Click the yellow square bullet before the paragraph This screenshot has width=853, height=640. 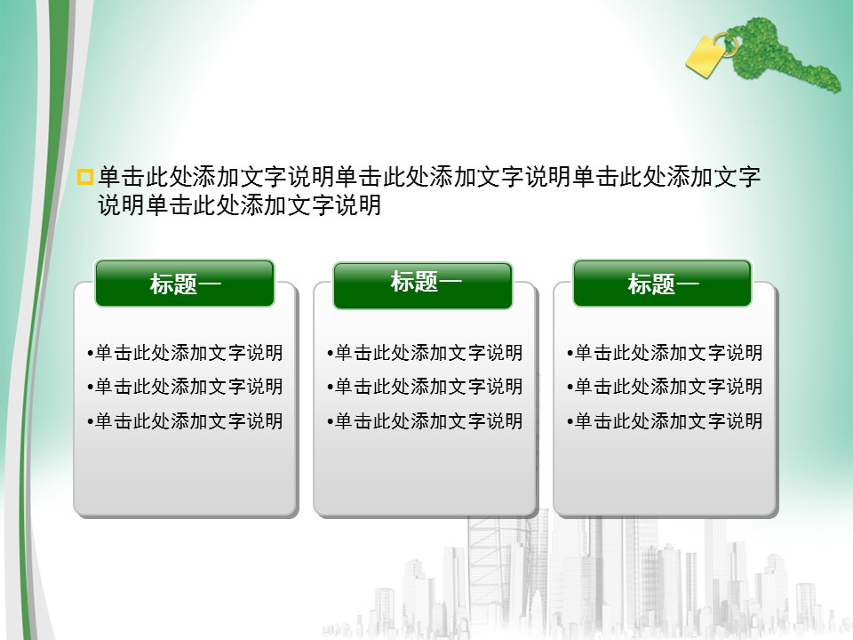tap(85, 177)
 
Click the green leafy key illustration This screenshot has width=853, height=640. tap(784, 53)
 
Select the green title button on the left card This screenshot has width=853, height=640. tap(185, 283)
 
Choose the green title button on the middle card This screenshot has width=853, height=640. tap(423, 285)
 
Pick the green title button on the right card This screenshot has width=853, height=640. tap(663, 283)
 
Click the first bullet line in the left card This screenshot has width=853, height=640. tap(185, 353)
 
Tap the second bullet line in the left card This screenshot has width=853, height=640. tap(185, 387)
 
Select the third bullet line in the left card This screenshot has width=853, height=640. tap(185, 420)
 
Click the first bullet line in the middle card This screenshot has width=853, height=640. tap(425, 353)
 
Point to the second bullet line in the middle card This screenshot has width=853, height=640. tap(425, 387)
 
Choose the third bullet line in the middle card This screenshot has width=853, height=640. tap(425, 420)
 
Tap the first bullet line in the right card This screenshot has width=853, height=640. tap(665, 353)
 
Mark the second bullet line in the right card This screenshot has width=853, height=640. tap(665, 387)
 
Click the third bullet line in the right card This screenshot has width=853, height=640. tap(665, 420)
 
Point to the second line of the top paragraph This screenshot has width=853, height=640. tap(240, 205)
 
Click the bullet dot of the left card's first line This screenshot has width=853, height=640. tap(91, 354)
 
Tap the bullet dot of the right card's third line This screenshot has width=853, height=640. tap(570, 421)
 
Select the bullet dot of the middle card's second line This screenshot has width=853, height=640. tap(331, 388)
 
